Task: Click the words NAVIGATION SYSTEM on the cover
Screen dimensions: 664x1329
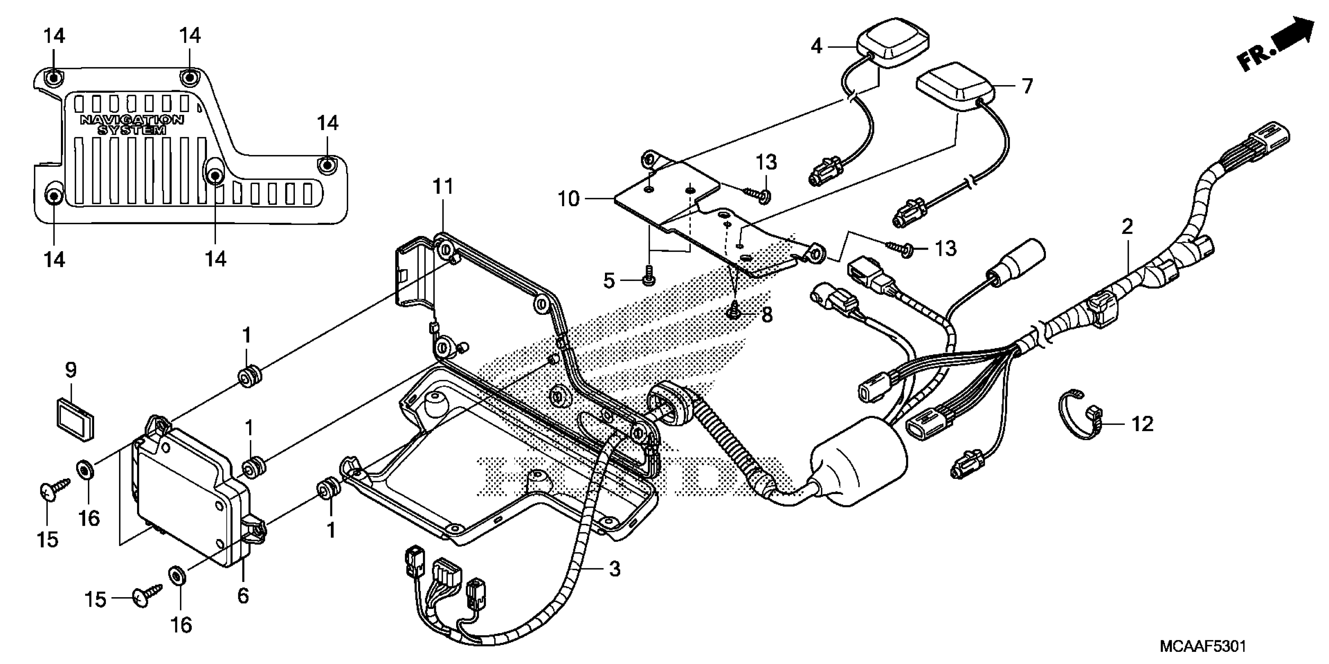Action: pos(132,125)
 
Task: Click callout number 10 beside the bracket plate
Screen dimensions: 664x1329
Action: pos(569,199)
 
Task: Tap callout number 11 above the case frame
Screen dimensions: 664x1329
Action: pos(442,187)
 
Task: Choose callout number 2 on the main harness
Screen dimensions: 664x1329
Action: pos(1127,227)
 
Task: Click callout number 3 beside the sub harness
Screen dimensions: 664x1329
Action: pos(614,569)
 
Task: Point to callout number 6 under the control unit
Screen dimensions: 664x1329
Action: pos(243,596)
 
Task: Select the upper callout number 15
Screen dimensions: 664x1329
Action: pos(48,540)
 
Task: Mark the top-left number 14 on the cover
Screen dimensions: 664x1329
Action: pos(54,36)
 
